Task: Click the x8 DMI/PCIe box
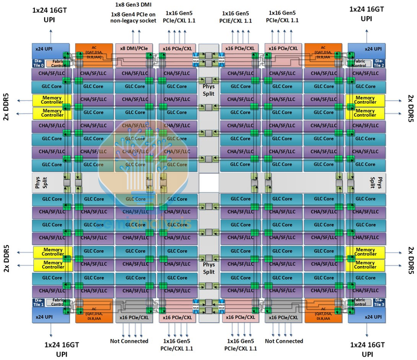tap(134, 48)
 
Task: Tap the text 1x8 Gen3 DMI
tap(133, 5)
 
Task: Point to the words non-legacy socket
tap(133, 21)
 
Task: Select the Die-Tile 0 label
tap(38, 63)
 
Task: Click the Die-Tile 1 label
tap(38, 302)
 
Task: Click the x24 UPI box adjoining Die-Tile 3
tap(369, 317)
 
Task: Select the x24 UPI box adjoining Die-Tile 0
tap(46, 49)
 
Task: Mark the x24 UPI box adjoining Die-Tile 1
tap(46, 317)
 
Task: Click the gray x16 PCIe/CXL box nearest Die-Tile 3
tap(283, 318)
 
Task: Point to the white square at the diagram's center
tap(209, 183)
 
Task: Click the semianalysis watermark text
tap(143, 224)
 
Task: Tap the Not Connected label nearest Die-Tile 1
tap(129, 341)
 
